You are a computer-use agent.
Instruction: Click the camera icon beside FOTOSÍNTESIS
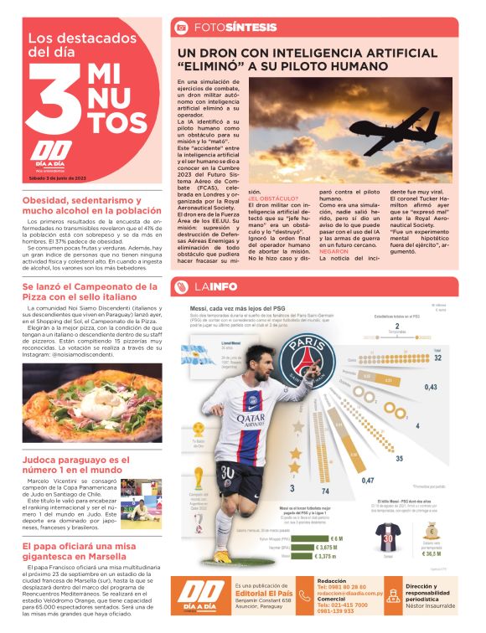coord(180,28)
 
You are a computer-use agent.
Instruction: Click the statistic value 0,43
coord(431,387)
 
